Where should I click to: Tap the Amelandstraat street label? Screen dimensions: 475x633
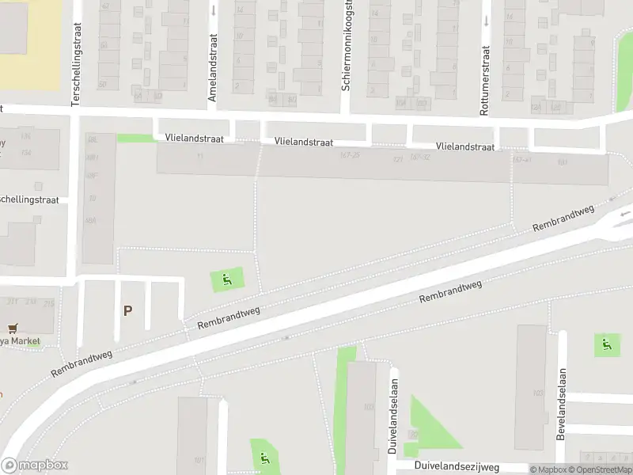(x=212, y=77)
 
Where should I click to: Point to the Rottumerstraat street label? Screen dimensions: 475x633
(x=484, y=80)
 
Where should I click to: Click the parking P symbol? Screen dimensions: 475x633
(x=127, y=311)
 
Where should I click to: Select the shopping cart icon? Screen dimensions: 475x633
(x=12, y=328)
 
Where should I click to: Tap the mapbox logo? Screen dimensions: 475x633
(x=34, y=465)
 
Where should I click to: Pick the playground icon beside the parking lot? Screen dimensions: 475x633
(x=227, y=279)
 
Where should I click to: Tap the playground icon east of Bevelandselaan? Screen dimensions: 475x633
(x=607, y=344)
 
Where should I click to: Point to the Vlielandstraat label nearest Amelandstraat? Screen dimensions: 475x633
(x=195, y=138)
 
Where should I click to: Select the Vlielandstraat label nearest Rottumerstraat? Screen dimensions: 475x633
(x=465, y=146)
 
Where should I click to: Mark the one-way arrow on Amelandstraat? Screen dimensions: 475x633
(x=213, y=10)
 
